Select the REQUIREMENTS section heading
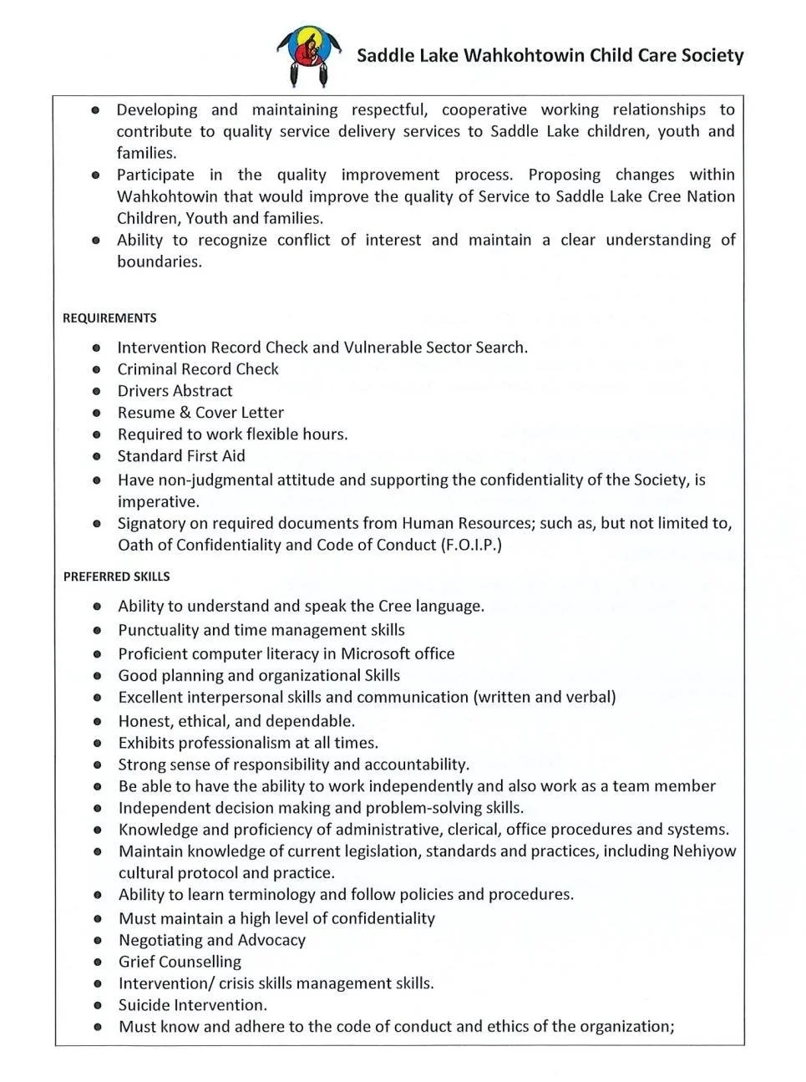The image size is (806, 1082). point(109,318)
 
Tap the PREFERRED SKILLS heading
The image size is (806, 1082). point(116,577)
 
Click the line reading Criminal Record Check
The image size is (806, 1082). point(198,369)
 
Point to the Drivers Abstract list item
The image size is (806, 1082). point(175,391)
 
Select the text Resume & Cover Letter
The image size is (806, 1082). point(200,413)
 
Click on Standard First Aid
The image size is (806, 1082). point(181,456)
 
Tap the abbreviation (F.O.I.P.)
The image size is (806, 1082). point(471,546)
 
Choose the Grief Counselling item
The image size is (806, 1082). point(180,962)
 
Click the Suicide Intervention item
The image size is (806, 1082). point(193,1005)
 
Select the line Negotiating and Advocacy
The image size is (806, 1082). point(212,940)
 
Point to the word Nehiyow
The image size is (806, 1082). point(704,851)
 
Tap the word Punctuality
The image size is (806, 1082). point(158,630)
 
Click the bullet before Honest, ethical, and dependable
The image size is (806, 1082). point(98,722)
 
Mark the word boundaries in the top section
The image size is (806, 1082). point(159,262)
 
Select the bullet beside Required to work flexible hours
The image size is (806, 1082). point(97,435)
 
